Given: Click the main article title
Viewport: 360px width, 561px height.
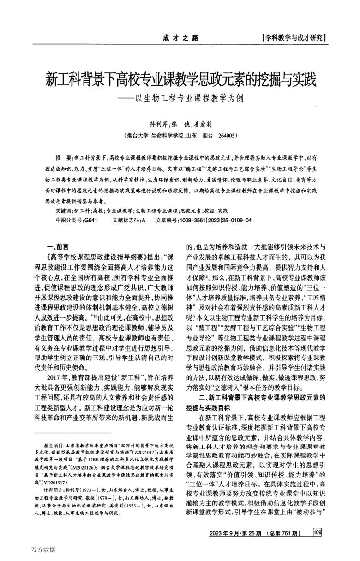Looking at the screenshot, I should click(180, 80).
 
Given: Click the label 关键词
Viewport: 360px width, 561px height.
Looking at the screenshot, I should click(63, 210).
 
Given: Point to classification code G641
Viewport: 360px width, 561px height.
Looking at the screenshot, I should click(90, 220).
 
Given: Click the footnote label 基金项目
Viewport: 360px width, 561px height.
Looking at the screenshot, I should click(53, 447).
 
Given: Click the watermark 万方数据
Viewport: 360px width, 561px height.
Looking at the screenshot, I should click(44, 550).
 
